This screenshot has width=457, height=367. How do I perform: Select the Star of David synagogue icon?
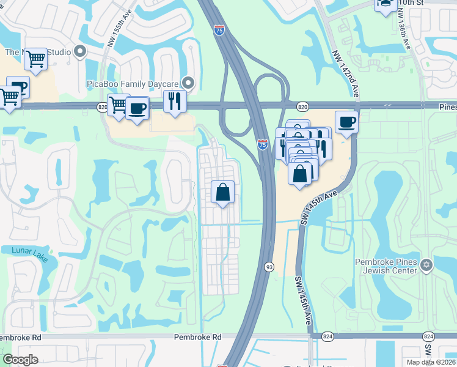[x=426, y=265]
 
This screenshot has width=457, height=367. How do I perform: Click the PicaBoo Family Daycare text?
[x=140, y=83]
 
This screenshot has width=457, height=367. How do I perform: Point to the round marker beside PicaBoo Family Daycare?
[x=189, y=83]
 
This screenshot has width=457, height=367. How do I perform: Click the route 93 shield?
[x=269, y=267]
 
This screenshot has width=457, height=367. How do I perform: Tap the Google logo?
[x=20, y=360]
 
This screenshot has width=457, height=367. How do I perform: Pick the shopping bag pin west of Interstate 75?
[x=223, y=192]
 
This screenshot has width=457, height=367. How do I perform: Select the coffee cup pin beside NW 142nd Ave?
[x=346, y=122]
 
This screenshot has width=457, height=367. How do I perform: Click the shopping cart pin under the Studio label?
[x=36, y=59]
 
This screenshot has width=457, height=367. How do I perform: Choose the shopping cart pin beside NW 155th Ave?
[x=117, y=105]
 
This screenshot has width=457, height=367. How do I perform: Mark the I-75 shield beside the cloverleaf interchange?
[x=262, y=144]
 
